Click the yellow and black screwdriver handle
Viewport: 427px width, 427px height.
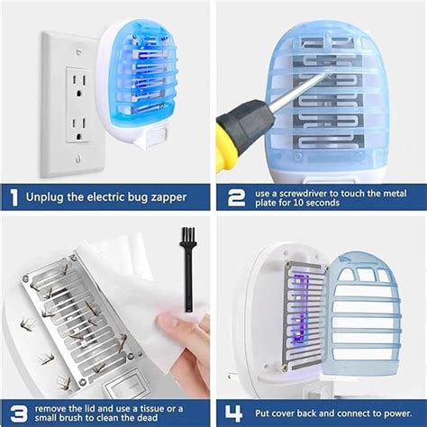point(236,133)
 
